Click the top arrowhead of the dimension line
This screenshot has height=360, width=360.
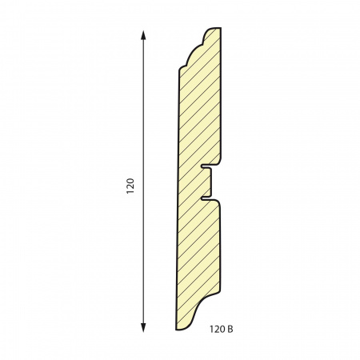tap(143, 35)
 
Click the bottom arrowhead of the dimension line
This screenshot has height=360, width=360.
tap(143, 327)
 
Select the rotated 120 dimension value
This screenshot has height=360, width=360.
tap(130, 186)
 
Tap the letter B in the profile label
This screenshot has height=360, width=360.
tap(230, 330)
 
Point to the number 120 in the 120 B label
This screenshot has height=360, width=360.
tap(218, 330)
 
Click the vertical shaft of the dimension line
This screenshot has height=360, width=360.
tap(143, 182)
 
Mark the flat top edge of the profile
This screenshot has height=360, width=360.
tap(217, 28)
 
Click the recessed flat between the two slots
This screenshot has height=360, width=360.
tap(211, 182)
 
